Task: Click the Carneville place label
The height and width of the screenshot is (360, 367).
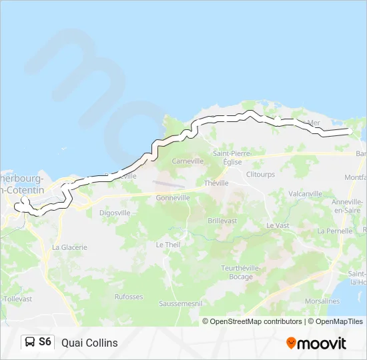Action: point(188,161)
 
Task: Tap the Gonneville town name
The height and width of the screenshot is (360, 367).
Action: point(173,198)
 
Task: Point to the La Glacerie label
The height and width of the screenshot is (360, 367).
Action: point(69,247)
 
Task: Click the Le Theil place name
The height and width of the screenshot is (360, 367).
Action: point(168,245)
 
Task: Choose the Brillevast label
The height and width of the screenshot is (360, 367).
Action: point(222,220)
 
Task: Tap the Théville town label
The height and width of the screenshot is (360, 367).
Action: point(216,183)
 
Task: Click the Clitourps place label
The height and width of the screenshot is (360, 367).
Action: point(260,175)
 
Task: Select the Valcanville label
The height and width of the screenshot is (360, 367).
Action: point(306,194)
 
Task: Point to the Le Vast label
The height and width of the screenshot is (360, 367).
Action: point(278,225)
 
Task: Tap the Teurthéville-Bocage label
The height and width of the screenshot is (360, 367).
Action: point(237,272)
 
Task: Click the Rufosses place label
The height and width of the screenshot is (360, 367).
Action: point(129,297)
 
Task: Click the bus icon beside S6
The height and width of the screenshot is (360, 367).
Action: point(30,342)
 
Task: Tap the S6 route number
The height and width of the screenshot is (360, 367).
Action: point(45,342)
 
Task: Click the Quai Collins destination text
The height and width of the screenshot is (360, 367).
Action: point(89,343)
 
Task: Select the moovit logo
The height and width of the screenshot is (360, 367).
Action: point(316,343)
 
